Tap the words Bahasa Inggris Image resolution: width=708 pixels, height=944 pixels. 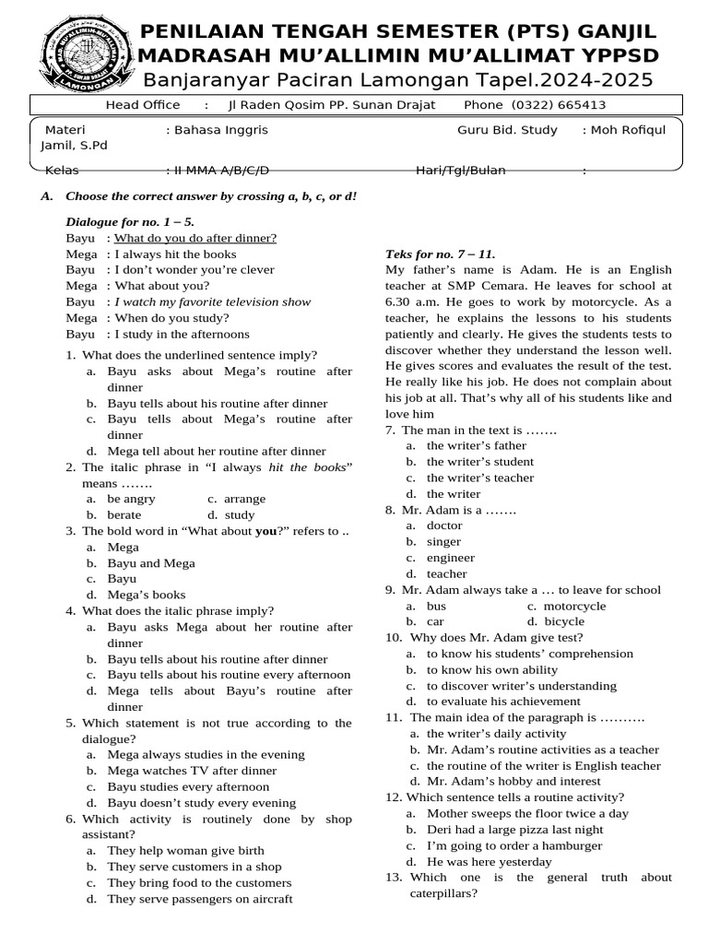(x=217, y=130)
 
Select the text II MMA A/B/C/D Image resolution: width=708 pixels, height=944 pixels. (x=218, y=171)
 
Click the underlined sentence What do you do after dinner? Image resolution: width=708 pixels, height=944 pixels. (x=195, y=238)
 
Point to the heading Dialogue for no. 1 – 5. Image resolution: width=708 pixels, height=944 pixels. (x=130, y=222)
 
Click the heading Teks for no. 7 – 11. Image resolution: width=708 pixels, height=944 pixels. (x=440, y=254)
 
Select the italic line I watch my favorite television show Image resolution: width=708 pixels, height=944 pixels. (x=212, y=301)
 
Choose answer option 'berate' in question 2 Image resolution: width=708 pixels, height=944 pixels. (x=124, y=515)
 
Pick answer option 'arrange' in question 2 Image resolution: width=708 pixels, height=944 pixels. (x=245, y=499)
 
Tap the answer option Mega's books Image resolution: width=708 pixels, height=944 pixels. (x=147, y=595)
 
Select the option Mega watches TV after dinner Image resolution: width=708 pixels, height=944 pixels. (x=192, y=771)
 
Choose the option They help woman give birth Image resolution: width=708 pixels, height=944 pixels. (x=185, y=850)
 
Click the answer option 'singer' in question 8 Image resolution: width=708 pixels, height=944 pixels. (x=443, y=542)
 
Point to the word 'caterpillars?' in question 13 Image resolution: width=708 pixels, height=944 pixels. (x=443, y=893)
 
